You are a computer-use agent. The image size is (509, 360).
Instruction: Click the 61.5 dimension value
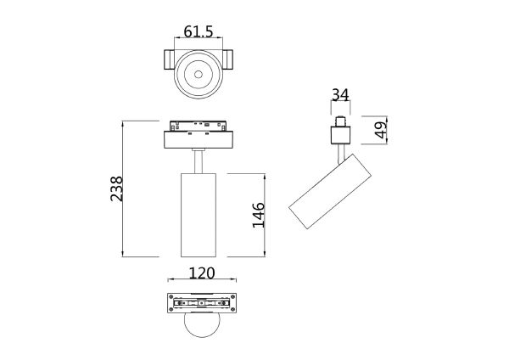pos(199,31)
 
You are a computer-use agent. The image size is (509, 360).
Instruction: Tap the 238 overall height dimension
pos(116,188)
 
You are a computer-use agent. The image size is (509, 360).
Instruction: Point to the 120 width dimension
pos(200,273)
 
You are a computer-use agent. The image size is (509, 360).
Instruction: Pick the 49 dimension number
pos(381,130)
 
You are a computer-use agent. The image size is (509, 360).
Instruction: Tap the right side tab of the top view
pos(231,60)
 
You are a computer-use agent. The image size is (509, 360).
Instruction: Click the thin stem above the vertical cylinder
pos(199,160)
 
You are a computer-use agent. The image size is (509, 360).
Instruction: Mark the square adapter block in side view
pos(341,134)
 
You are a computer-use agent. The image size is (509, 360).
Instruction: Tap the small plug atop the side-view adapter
pos(341,120)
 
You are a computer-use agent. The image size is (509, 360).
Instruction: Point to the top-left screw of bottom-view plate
pos(176,300)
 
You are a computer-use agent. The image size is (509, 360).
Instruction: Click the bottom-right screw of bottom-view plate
pos(224,308)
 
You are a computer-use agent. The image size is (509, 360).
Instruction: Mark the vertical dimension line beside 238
pos(125,188)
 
